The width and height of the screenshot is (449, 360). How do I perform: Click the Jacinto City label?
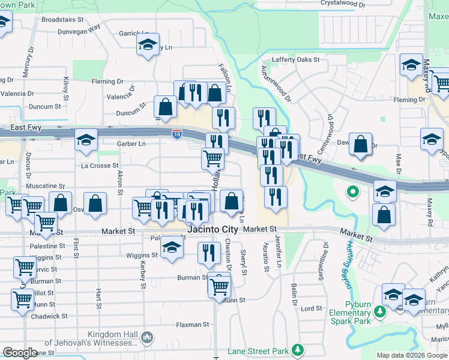click(213, 230)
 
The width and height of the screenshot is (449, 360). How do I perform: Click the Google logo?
click(20, 353)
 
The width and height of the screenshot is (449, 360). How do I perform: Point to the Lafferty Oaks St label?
click(295, 60)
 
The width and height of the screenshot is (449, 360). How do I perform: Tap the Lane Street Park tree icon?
click(297, 350)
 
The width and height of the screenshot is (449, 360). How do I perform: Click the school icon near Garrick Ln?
click(147, 44)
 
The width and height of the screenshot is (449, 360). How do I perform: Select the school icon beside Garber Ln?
click(86, 140)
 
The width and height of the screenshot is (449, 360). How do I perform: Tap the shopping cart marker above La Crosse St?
click(212, 158)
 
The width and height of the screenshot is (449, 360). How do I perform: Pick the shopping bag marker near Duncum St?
click(165, 107)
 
